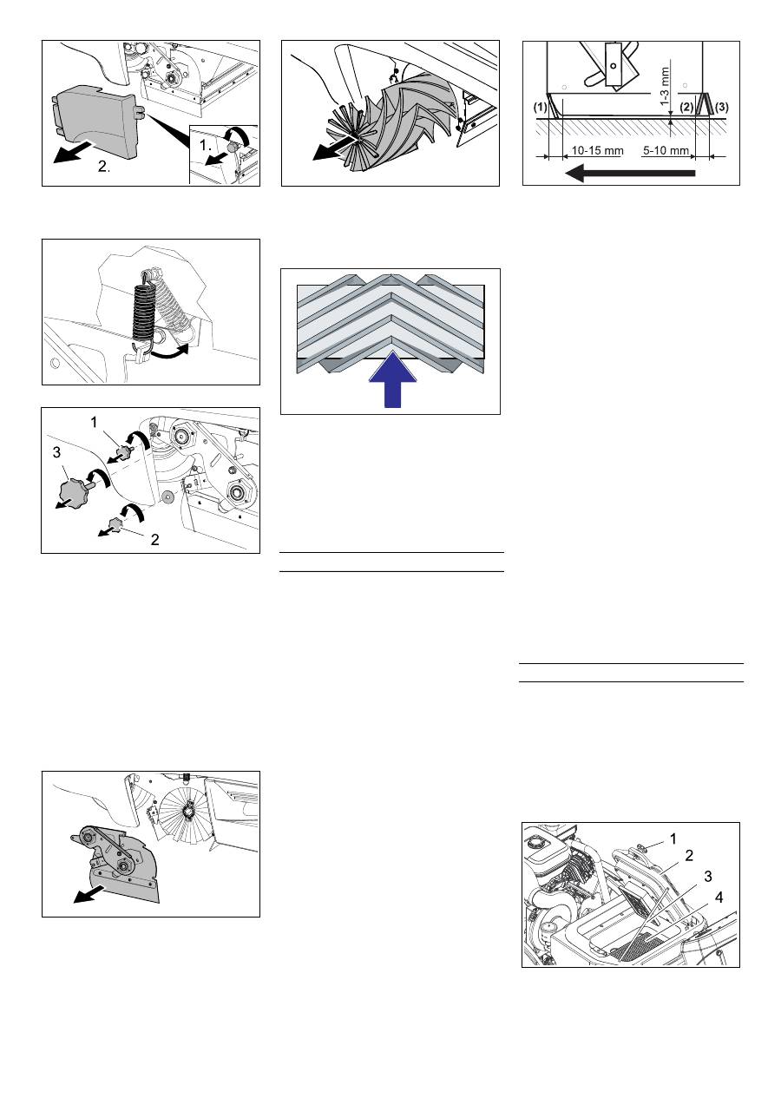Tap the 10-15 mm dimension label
tap(597, 150)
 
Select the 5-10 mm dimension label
tap(666, 150)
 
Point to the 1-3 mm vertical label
tap(666, 86)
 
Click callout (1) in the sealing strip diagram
tap(541, 107)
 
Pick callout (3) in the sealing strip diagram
tap(721, 107)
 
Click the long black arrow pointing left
tap(630, 173)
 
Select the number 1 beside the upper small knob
tap(94, 422)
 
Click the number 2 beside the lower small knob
tap(154, 540)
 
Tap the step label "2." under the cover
tap(104, 167)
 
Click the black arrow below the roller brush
tap(333, 149)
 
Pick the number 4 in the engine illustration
tap(719, 898)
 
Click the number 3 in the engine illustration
tap(708, 877)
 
